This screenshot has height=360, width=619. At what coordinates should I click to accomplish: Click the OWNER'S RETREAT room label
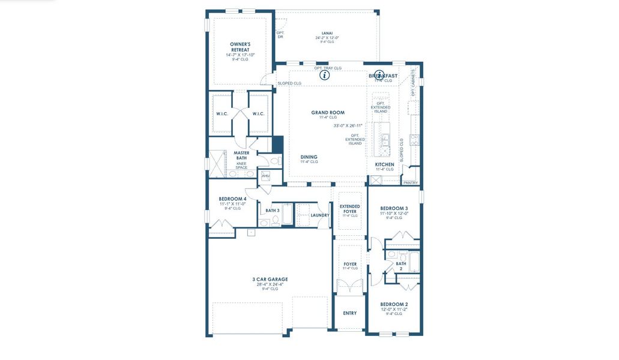pyautogui.click(x=240, y=47)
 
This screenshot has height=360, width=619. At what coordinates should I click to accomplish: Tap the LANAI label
pyautogui.click(x=327, y=34)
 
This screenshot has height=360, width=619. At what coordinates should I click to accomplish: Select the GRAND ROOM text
pyautogui.click(x=327, y=112)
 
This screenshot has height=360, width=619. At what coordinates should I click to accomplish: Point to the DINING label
pyautogui.click(x=309, y=157)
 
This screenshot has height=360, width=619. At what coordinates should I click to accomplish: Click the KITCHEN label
pyautogui.click(x=385, y=164)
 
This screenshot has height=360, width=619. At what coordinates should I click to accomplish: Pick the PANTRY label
pyautogui.click(x=411, y=182)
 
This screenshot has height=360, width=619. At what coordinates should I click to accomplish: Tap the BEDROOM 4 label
pyautogui.click(x=232, y=199)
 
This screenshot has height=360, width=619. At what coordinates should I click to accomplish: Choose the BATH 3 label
pyautogui.click(x=273, y=211)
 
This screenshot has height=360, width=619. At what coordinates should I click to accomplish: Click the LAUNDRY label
pyautogui.click(x=320, y=215)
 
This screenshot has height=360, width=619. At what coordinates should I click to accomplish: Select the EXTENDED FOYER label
pyautogui.click(x=349, y=209)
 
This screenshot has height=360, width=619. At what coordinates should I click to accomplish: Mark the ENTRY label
pyautogui.click(x=349, y=313)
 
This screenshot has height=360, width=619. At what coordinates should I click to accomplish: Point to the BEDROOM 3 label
pyautogui.click(x=394, y=208)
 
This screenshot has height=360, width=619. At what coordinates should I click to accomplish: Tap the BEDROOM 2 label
pyautogui.click(x=394, y=304)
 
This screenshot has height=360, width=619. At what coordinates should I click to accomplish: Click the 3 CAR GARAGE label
pyautogui.click(x=270, y=279)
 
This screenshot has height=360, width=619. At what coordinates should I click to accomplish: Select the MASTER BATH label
pyautogui.click(x=241, y=155)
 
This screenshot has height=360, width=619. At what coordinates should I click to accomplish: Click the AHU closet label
pyautogui.click(x=265, y=176)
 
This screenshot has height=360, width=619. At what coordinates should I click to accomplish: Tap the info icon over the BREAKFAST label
pyautogui.click(x=379, y=75)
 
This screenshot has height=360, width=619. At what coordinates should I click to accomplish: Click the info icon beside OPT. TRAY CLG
pyautogui.click(x=324, y=75)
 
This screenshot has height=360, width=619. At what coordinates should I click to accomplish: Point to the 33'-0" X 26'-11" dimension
pyautogui.click(x=348, y=126)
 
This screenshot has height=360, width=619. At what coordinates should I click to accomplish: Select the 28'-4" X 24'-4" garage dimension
pyautogui.click(x=270, y=284)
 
